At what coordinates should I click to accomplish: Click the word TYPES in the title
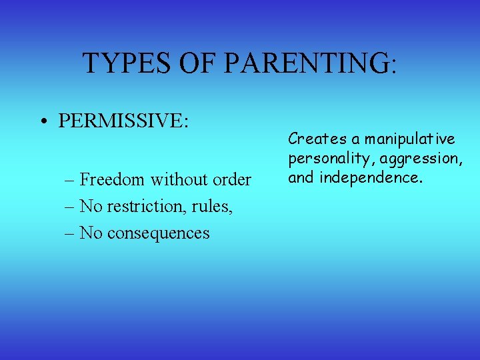(127, 63)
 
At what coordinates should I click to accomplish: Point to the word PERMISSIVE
(123, 121)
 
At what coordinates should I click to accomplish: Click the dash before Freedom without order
(70, 180)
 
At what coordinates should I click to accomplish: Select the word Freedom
(113, 179)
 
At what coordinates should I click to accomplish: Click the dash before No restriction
(70, 207)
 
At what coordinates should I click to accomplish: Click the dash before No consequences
(70, 233)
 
